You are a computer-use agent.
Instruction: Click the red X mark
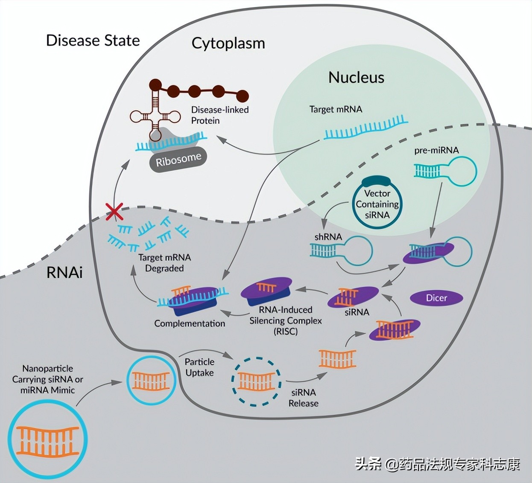(114, 211)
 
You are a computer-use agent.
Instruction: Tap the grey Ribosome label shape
(178, 160)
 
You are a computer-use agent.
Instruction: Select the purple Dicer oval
(436, 298)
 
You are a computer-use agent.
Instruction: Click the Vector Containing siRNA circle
(377, 204)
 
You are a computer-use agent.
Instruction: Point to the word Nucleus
(356, 78)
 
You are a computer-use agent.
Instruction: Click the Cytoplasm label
(228, 44)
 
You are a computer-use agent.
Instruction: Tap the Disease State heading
(93, 41)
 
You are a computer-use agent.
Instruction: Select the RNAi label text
(64, 273)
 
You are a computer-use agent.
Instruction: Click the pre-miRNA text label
(436, 150)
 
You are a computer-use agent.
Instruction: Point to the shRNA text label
(328, 237)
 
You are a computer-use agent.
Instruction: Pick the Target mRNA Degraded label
(164, 263)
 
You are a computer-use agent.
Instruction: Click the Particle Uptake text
(199, 367)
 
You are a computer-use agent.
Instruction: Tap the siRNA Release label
(303, 398)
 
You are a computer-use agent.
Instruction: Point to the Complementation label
(190, 323)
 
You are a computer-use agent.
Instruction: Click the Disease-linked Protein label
(219, 115)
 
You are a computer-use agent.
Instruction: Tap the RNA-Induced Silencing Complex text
(285, 320)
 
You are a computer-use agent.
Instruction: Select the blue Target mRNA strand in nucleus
(365, 128)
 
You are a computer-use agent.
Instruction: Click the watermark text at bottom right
(437, 464)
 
